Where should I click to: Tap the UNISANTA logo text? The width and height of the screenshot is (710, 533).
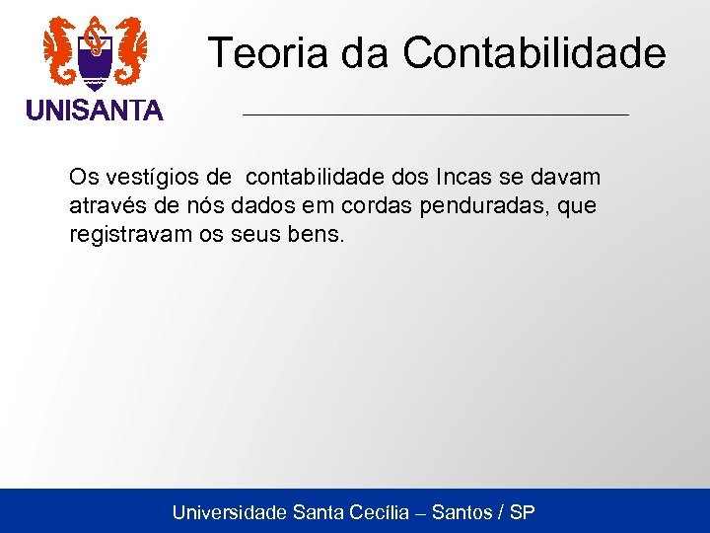coord(95,111)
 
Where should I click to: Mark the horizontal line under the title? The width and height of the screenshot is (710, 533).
coord(435,115)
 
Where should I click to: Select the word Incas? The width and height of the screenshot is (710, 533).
coord(453,178)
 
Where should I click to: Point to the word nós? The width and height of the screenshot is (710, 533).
coord(195,206)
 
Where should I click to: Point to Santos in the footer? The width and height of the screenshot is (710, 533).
coord(462,512)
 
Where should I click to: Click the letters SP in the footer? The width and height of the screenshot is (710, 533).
coord(524,512)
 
